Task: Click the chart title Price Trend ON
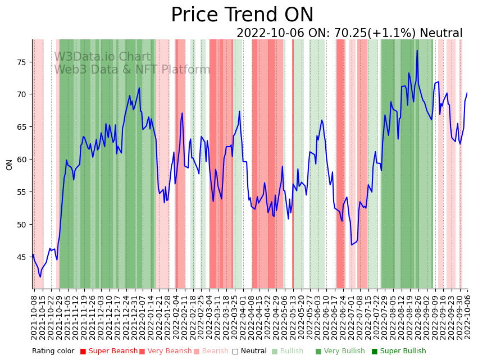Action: click(242, 15)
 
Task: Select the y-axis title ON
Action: click(10, 165)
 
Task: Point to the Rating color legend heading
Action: click(53, 351)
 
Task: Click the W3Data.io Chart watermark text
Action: click(102, 57)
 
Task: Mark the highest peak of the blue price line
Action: click(417, 51)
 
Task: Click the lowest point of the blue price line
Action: click(40, 277)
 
